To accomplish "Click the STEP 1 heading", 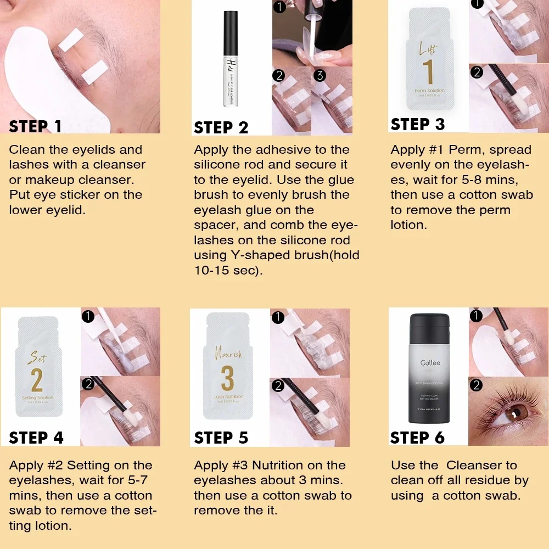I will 36,126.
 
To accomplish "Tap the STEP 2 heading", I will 221,128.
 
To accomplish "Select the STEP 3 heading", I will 417,124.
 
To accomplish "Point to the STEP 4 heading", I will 36,438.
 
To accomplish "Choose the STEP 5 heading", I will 221,438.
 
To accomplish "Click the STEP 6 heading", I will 417,438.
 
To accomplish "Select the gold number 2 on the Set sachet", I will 37,379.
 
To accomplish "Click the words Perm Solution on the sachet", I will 430,90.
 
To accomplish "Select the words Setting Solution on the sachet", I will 37,397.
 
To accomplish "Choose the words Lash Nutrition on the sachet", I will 228,396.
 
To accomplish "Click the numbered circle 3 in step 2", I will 321,75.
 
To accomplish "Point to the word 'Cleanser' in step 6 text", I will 481,466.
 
